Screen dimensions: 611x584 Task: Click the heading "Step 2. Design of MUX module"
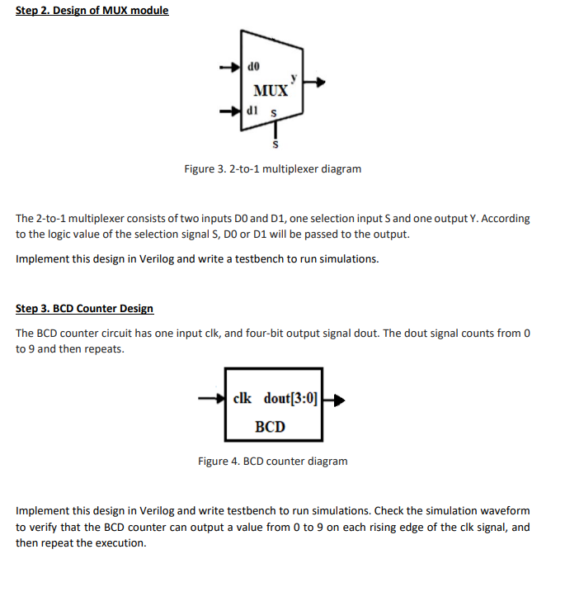(x=92, y=11)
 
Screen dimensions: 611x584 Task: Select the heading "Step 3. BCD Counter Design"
(x=84, y=309)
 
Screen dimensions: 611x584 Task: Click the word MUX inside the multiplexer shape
(x=271, y=89)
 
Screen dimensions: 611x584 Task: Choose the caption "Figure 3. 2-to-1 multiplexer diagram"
(x=272, y=169)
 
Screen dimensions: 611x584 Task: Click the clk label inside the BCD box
(x=243, y=398)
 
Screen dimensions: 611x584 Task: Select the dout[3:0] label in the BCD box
(x=290, y=398)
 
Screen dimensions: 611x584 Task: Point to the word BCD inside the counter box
(x=270, y=426)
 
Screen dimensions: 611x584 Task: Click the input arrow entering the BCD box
(x=210, y=400)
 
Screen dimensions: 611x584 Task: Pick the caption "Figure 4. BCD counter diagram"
(x=272, y=461)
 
